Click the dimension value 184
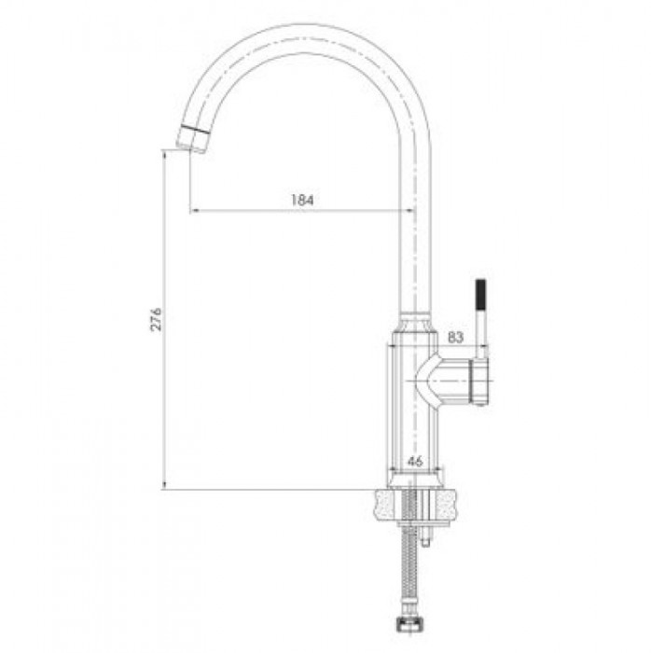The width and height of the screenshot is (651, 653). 302,200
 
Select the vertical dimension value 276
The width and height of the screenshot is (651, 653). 156,319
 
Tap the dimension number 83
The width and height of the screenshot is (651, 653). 455,337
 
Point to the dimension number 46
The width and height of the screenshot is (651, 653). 415,461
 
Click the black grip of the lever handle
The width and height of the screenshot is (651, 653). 480,296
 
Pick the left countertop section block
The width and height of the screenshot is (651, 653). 388,505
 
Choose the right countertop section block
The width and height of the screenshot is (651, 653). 449,505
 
